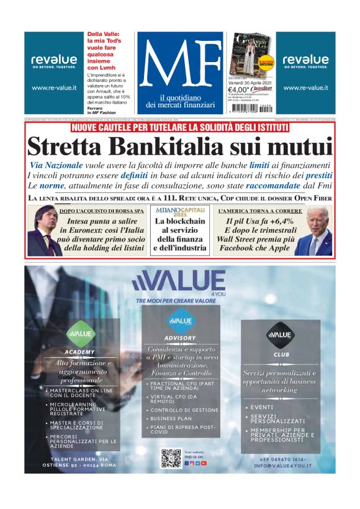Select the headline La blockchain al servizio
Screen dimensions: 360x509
coord(179,234)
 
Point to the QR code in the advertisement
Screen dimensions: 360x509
coord(171,458)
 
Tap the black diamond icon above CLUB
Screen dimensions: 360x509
coord(280,335)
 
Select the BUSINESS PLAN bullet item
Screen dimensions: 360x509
coord(171,418)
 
